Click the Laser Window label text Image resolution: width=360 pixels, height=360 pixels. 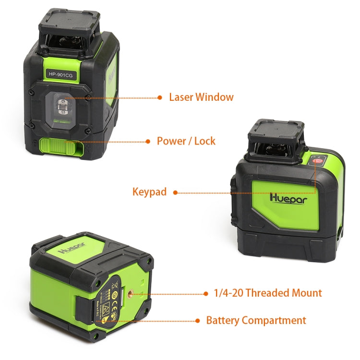click(201, 97)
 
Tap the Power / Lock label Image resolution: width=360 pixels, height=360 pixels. click(186, 141)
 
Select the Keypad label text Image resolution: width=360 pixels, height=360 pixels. click(149, 192)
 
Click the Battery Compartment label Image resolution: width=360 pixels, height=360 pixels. click(256, 320)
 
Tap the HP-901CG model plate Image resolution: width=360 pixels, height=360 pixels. click(60, 74)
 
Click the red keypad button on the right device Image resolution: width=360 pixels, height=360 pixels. click(316, 161)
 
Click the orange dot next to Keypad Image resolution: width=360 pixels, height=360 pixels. click(175, 192)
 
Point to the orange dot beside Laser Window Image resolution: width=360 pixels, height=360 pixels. click(160, 97)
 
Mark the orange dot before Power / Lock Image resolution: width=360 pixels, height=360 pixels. click(148, 142)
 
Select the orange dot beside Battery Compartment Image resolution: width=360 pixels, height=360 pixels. click(197, 321)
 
